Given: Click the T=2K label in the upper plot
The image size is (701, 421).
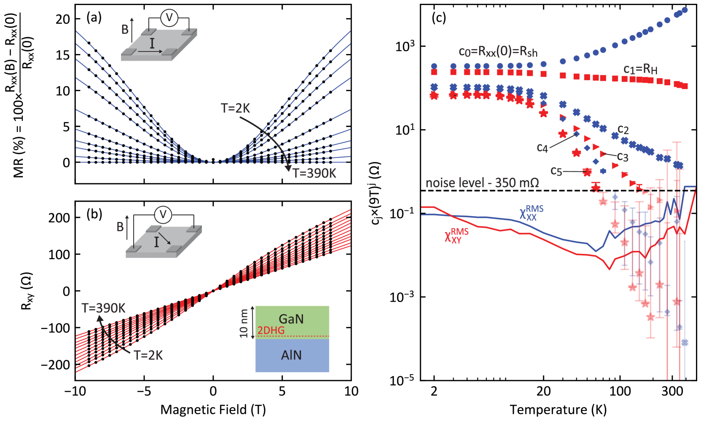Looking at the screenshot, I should tap(235, 109).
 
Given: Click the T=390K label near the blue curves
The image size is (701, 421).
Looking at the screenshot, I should tap(314, 173).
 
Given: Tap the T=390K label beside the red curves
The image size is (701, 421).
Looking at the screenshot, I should tap(103, 308).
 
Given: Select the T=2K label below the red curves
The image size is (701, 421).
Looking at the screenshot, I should tap(148, 355).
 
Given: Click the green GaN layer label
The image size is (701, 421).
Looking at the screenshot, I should tap(291, 319).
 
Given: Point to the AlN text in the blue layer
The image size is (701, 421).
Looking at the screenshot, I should tap(291, 355).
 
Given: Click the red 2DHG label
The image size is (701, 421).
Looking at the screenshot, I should tap(271, 330).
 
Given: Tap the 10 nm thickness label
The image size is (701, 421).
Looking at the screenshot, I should tap(244, 324).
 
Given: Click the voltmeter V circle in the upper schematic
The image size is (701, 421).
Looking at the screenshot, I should tap(169, 18).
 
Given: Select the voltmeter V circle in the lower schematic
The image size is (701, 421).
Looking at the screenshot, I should tap(163, 215).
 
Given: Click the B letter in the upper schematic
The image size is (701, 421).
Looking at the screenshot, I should tap(125, 30).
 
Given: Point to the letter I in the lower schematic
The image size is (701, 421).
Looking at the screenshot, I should tap(156, 242).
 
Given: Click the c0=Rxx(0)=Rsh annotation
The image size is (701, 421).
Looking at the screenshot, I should tap(498, 52).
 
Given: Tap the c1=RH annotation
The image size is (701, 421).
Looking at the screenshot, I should tap(640, 70).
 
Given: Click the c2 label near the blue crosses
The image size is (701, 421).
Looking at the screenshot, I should tap(623, 130).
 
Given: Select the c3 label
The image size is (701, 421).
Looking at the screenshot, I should tap(623, 157).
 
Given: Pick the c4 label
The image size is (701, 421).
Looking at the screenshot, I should tap(543, 148).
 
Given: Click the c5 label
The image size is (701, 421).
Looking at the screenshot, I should tap(556, 171).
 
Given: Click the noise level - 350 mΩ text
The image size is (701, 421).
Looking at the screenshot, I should tap(482, 183).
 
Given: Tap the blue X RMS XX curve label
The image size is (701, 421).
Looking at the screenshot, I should tap(531, 213).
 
